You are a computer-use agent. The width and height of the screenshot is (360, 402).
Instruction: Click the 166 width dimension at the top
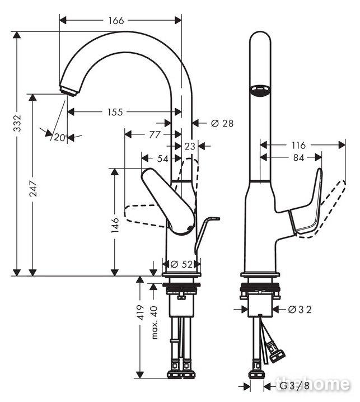coord(116,21)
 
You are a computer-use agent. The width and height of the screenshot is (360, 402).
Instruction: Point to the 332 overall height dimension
coord(17,123)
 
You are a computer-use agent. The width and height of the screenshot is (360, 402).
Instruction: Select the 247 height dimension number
coord(33,189)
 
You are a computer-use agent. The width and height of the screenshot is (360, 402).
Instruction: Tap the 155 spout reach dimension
coord(115,112)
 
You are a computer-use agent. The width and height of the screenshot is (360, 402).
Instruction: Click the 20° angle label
coord(61,138)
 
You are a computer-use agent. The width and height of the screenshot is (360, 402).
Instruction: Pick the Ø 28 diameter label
coord(222,123)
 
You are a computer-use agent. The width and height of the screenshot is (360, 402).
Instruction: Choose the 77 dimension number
coord(155,134)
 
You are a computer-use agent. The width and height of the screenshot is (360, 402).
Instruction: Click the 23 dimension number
coord(190,146)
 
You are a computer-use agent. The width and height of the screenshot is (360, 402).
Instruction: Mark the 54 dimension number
coord(163,158)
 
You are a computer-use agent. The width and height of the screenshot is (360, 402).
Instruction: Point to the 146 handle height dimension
coord(115,225)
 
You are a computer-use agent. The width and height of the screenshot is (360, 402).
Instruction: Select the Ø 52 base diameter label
coord(181,264)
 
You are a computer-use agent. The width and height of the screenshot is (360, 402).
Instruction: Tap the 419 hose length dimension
coord(141,312)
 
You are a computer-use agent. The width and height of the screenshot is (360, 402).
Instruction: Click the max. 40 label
coord(154,322)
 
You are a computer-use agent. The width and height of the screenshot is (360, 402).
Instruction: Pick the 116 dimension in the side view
coord(299,146)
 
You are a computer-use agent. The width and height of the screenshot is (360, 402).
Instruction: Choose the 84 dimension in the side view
coord(298,158)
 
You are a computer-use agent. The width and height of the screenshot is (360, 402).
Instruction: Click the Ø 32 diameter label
coord(300,310)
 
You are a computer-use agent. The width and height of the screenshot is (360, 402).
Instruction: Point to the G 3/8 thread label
coord(294,386)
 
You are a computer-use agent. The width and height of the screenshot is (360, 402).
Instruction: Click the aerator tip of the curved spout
coord(68,91)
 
